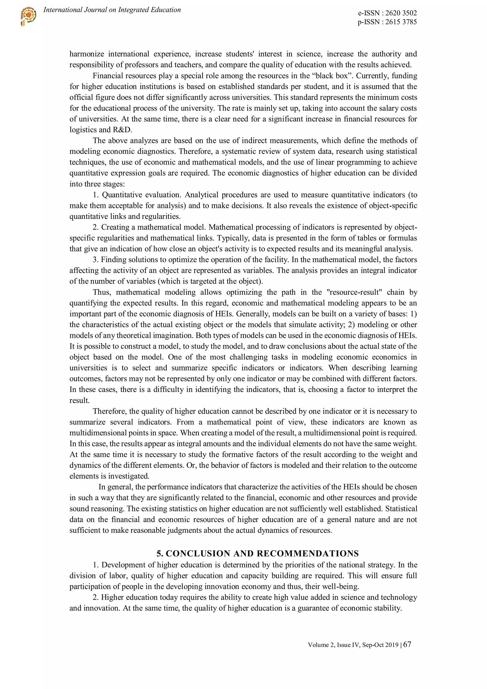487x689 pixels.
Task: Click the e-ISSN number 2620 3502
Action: click(x=401, y=13)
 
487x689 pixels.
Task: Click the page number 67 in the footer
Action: click(x=407, y=644)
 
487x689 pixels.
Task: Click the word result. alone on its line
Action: click(x=79, y=401)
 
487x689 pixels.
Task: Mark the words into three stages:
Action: click(x=97, y=184)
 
